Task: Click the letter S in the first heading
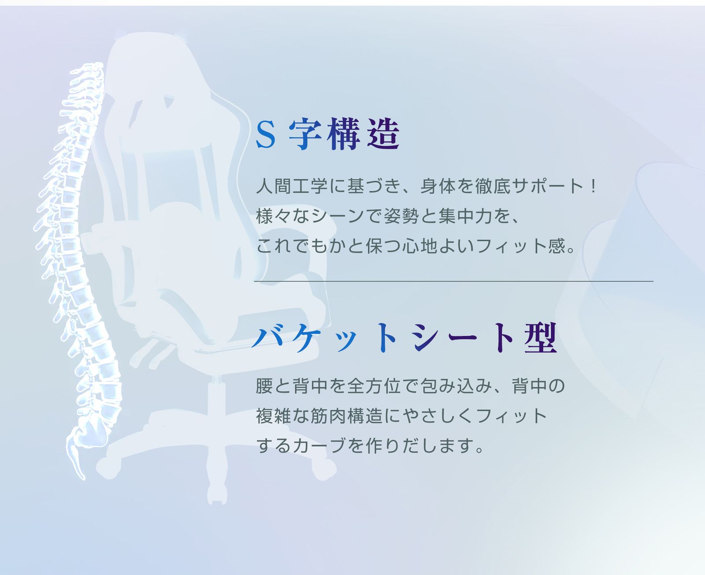tap(266, 134)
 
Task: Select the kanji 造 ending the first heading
tap(384, 134)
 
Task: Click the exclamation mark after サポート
tap(594, 186)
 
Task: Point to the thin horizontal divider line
tap(454, 281)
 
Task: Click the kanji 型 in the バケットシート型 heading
tap(541, 338)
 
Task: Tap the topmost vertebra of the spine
tap(90, 67)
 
